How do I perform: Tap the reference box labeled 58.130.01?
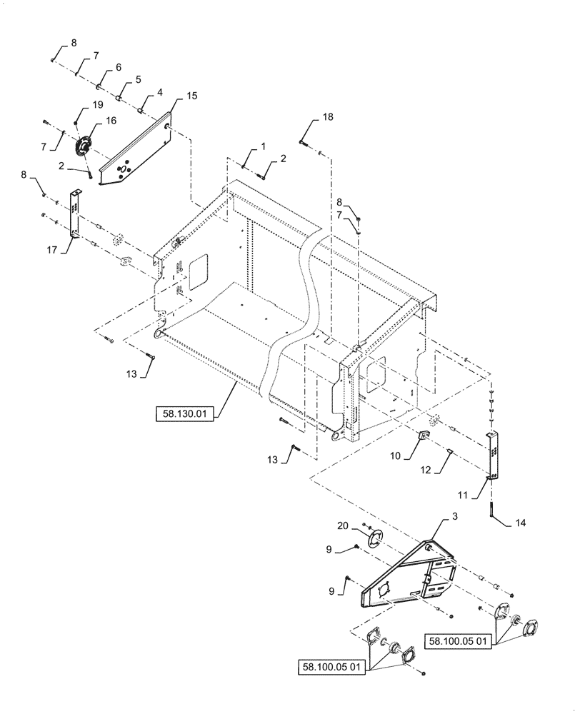185,415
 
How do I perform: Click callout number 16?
111,121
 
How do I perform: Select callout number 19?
99,106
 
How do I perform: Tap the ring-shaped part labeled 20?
371,538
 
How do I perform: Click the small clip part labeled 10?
422,437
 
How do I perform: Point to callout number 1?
264,146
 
